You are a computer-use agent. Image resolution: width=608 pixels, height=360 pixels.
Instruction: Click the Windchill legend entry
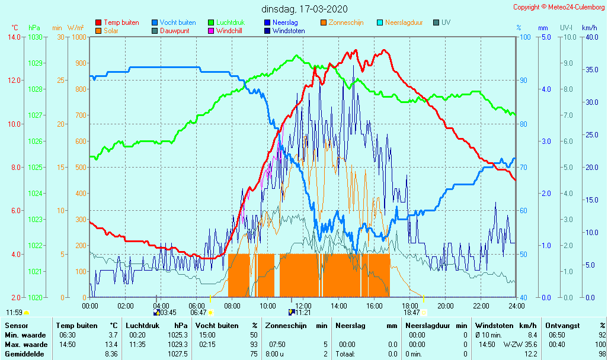228,31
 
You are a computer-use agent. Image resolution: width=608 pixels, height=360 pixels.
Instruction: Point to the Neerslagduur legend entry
404,22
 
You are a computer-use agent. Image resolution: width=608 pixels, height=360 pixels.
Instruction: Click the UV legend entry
446,22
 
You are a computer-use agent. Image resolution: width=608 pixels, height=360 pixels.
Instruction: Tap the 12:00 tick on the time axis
303,306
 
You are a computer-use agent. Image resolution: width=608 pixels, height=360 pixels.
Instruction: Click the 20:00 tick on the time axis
446,306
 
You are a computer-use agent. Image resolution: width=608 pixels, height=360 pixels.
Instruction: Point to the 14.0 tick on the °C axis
14,37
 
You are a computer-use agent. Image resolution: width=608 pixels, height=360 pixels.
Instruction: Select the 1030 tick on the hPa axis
35,37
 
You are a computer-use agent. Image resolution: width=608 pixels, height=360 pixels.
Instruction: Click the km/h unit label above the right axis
589,28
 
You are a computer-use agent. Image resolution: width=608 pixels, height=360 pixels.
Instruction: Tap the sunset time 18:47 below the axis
412,313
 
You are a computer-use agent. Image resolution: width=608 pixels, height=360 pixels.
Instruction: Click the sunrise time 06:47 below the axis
198,313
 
